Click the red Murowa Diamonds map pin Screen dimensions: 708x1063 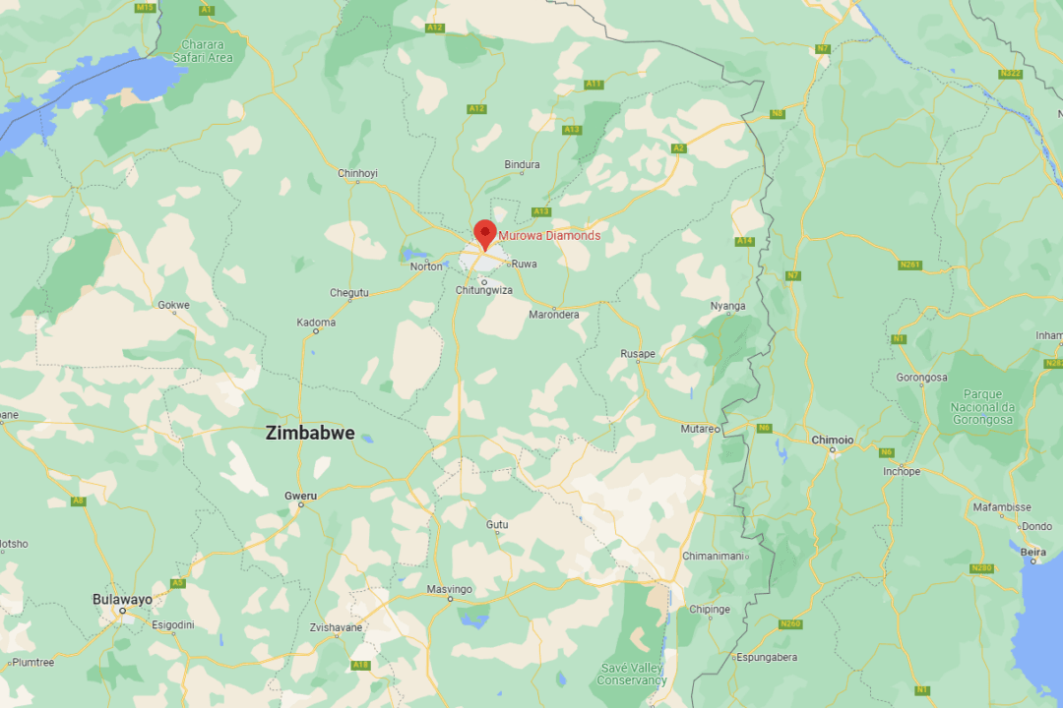click(484, 234)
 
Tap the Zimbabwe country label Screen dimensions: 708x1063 click(310, 433)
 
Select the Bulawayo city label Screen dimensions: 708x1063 click(122, 599)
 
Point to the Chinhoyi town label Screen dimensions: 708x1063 click(357, 174)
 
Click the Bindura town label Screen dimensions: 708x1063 click(522, 165)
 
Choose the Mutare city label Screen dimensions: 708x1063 click(701, 430)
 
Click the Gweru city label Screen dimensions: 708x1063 click(300, 496)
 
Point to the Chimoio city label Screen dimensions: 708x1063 click(832, 440)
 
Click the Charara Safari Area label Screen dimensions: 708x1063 click(204, 51)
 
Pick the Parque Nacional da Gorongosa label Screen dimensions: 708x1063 click(981, 407)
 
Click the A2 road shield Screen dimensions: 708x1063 click(678, 148)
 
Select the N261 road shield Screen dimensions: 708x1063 click(908, 265)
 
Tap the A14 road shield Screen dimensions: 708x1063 click(744, 241)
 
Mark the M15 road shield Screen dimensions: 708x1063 click(146, 7)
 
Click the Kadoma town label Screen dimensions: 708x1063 click(318, 323)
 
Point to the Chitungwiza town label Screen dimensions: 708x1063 click(483, 290)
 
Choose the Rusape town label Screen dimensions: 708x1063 click(638, 353)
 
